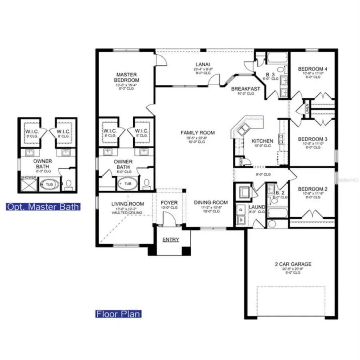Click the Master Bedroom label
126,77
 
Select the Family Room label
198,133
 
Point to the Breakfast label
246,89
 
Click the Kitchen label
262,141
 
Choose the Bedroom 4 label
312,69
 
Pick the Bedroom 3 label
312,139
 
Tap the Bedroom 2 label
312,189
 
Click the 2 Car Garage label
293,264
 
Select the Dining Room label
211,202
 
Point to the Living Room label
127,204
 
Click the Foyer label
169,203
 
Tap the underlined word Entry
171,240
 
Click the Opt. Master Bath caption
43,207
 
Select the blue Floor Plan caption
118,314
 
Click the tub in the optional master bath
49,185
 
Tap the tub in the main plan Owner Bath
127,184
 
